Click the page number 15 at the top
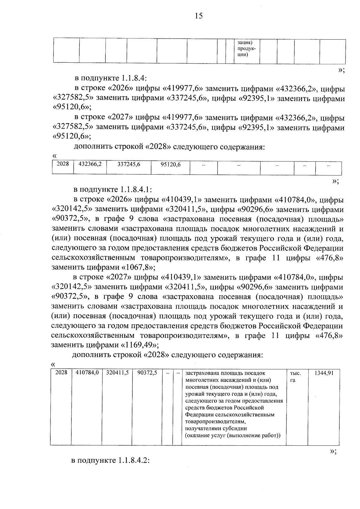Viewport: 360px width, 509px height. (199, 16)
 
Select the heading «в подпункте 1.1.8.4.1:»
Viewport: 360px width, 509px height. (113, 190)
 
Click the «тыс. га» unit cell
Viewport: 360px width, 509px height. (295, 377)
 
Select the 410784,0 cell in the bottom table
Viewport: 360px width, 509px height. (87, 373)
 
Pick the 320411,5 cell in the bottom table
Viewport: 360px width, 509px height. (117, 373)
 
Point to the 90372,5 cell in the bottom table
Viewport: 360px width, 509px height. (147, 373)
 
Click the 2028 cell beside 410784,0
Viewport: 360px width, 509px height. (61, 373)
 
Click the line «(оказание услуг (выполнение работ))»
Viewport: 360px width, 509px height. (233, 436)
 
